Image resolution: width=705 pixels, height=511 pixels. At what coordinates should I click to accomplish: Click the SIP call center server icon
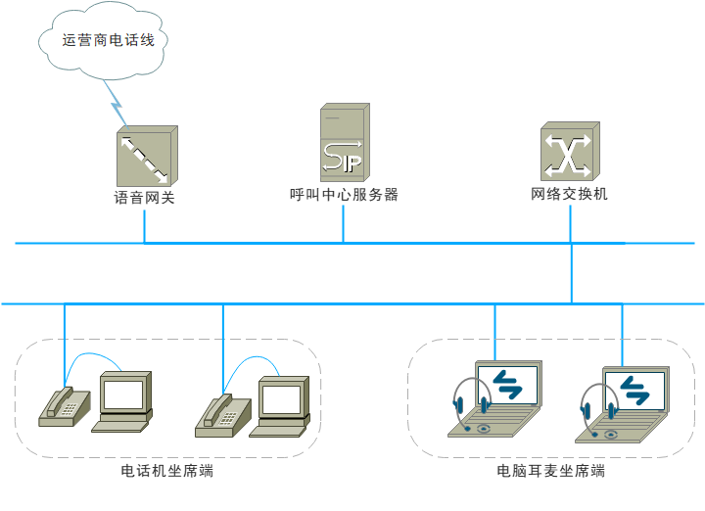343,144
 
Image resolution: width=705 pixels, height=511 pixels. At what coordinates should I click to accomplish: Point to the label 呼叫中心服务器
344,195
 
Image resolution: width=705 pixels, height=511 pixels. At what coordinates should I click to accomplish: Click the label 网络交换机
569,194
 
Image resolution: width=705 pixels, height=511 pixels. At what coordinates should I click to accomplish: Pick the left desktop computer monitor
124,395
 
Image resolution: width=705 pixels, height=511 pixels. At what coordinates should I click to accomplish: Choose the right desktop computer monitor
281,399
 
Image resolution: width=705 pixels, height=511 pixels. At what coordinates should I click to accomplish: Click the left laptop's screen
508,384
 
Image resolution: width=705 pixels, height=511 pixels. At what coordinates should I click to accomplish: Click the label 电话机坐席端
166,471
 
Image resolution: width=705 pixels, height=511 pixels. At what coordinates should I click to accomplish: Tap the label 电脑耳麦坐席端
550,471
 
